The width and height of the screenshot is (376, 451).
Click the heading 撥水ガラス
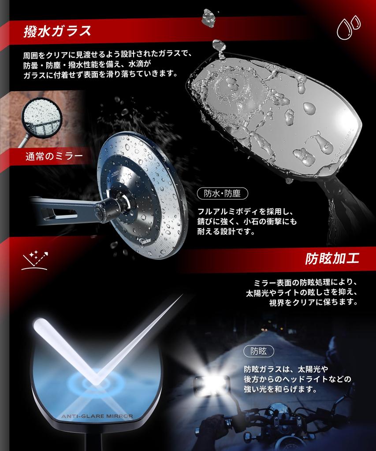coord(57,31)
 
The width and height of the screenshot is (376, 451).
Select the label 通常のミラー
coord(54,156)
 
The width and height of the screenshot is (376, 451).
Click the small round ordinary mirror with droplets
coord(42,118)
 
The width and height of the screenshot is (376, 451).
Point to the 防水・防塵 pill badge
coord(222,194)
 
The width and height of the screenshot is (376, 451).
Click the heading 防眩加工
coord(332,259)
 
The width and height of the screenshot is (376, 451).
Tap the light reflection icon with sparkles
coord(34,261)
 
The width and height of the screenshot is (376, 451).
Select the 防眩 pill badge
coord(259,351)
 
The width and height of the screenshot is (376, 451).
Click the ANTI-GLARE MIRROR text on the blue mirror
coord(97,416)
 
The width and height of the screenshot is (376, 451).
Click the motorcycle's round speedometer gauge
coord(278,411)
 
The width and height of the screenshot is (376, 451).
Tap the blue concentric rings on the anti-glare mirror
coord(96,382)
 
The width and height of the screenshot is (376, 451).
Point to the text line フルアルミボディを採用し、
coord(245,212)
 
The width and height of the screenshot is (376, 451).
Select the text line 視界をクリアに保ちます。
coord(313,302)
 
